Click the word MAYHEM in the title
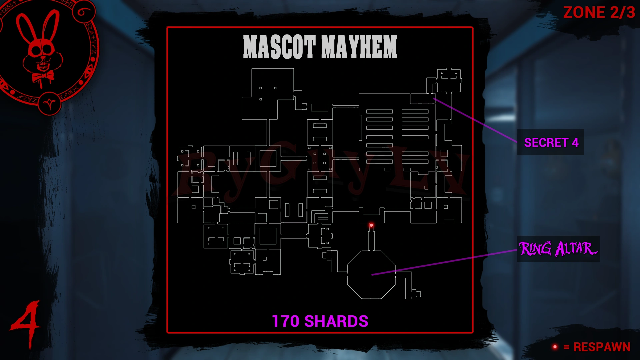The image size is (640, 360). click(359, 47)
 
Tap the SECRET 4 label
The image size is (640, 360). click(551, 143)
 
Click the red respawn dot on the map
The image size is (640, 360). click(371, 225)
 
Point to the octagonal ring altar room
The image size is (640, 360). click(371, 275)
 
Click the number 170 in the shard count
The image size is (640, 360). click(286, 321)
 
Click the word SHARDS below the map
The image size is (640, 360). click(336, 321)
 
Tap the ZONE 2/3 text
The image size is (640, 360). click(599, 13)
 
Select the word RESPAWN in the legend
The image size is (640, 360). click(602, 347)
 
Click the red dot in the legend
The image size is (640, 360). click(555, 347)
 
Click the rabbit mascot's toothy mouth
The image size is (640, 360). click(43, 65)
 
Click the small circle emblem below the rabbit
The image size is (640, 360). click(50, 104)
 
